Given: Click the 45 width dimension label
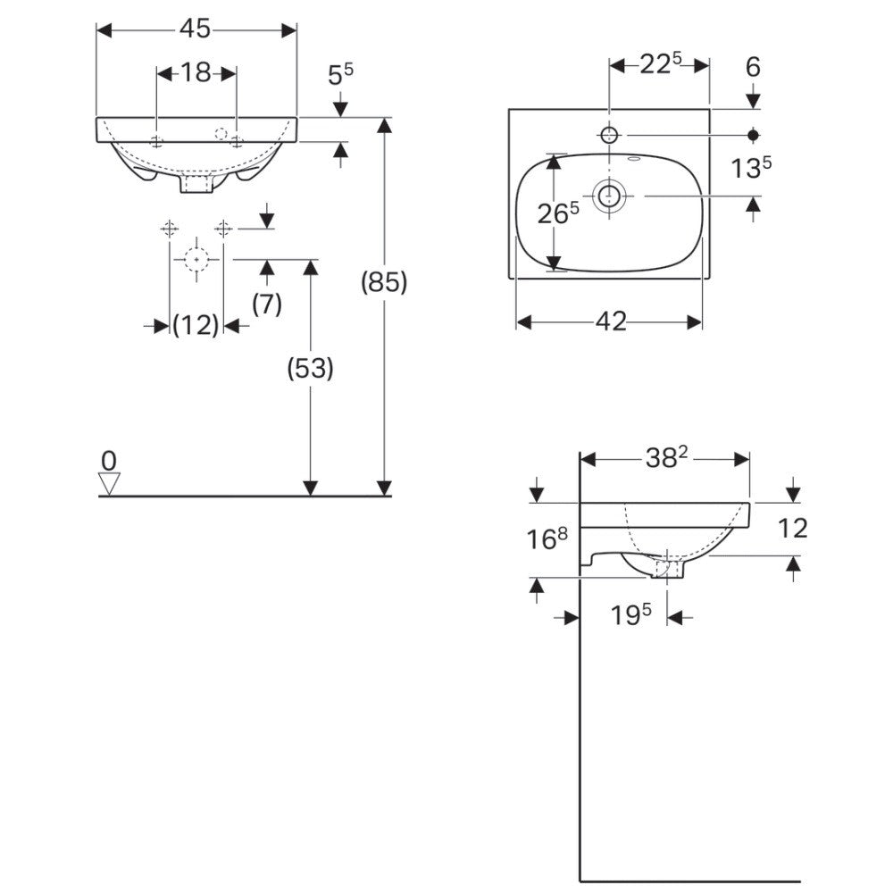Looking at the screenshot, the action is (x=196, y=29).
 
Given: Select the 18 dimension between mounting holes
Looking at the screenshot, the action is (x=196, y=73).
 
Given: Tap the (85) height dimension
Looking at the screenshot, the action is (x=384, y=282).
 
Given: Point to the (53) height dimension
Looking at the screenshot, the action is (x=311, y=369).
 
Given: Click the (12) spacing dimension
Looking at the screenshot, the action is (x=196, y=325).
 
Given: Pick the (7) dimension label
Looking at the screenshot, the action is (x=266, y=305).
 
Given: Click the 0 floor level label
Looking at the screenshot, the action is (x=109, y=460).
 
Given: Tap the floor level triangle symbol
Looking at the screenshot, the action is (x=109, y=483).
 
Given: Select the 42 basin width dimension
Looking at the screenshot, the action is (x=611, y=321).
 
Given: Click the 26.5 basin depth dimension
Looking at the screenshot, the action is (x=558, y=213).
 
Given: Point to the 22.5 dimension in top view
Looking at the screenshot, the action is (x=661, y=63).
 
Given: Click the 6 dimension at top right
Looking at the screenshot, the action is (x=753, y=67).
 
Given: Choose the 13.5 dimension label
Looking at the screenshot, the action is (x=751, y=168).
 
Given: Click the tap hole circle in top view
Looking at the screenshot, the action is (x=609, y=135).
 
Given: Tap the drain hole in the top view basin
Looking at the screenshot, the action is (x=609, y=196).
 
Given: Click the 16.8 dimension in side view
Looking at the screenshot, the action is (x=547, y=538).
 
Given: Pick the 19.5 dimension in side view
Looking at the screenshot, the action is (x=630, y=614).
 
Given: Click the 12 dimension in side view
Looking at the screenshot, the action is (x=792, y=528).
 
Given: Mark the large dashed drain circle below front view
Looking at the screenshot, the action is (x=196, y=259).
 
